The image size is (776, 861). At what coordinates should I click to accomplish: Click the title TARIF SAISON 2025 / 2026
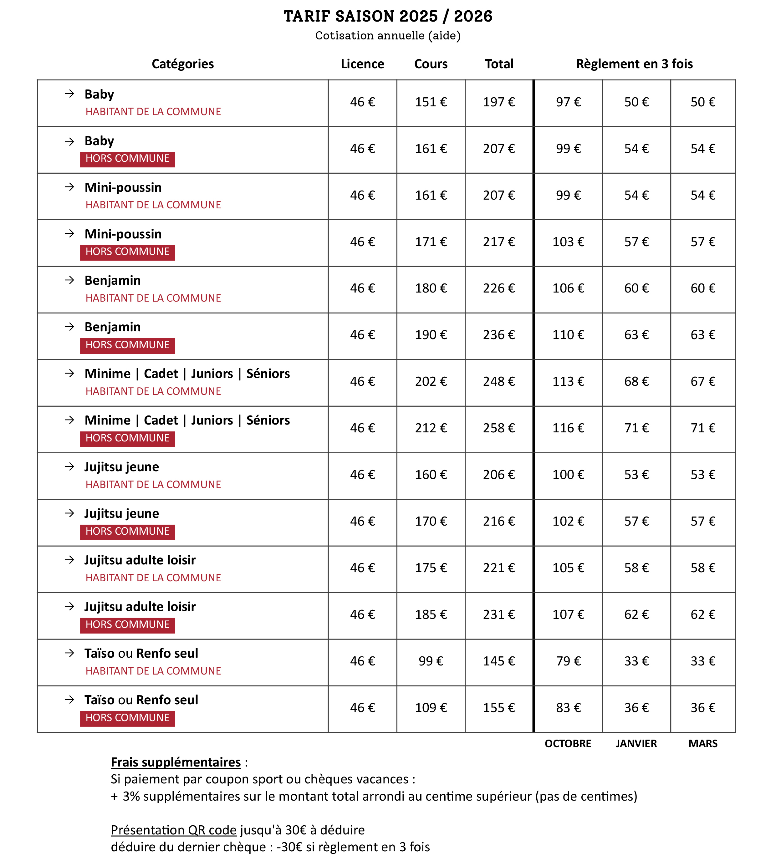pyautogui.click(x=388, y=16)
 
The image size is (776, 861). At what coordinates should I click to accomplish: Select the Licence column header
pyautogui.click(x=362, y=64)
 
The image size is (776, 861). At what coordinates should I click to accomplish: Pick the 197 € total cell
pyautogui.click(x=498, y=102)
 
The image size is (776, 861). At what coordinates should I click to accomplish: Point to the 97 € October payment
pyautogui.click(x=568, y=102)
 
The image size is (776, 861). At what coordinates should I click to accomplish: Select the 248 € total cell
pyautogui.click(x=498, y=381)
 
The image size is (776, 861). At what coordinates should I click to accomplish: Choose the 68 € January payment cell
pyautogui.click(x=636, y=381)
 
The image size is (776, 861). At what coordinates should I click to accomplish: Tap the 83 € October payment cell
pyautogui.click(x=568, y=708)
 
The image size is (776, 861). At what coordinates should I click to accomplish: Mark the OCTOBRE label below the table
pyautogui.click(x=568, y=743)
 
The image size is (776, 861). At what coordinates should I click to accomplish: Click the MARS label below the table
pyautogui.click(x=703, y=743)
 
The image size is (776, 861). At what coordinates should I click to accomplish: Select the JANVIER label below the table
pyautogui.click(x=636, y=743)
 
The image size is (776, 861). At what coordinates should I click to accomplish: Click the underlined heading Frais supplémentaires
pyautogui.click(x=176, y=762)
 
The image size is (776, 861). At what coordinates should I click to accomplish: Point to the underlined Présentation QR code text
pyautogui.click(x=174, y=830)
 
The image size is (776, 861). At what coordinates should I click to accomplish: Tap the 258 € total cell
pyautogui.click(x=498, y=428)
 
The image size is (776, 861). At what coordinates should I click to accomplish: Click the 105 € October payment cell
pyautogui.click(x=568, y=568)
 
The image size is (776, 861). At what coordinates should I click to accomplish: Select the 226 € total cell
pyautogui.click(x=498, y=288)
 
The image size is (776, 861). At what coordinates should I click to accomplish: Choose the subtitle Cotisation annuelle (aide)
pyautogui.click(x=388, y=35)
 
